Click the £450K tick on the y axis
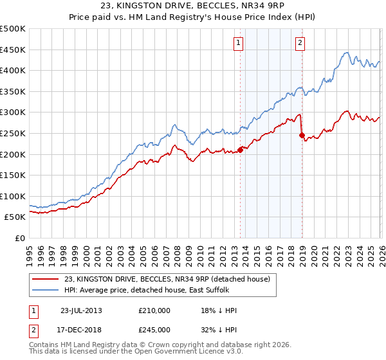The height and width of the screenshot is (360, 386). click(x=13, y=50)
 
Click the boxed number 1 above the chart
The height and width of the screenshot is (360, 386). click(x=239, y=43)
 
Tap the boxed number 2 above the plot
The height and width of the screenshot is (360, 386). click(x=300, y=43)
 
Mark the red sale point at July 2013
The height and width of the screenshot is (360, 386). click(x=240, y=150)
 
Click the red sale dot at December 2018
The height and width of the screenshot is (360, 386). click(x=302, y=136)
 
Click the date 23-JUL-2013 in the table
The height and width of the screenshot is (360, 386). click(x=81, y=310)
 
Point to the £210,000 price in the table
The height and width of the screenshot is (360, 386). click(x=154, y=310)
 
